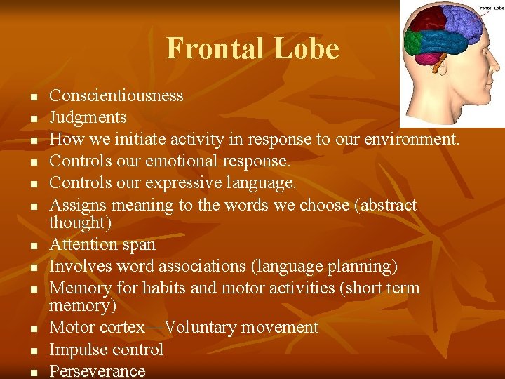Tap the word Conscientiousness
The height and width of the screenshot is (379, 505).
tap(116, 95)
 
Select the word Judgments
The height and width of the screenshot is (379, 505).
tap(88, 117)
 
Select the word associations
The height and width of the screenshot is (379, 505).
tap(222, 266)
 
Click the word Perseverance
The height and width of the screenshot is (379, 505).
tap(97, 371)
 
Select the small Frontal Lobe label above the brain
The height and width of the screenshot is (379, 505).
tap(490, 9)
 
